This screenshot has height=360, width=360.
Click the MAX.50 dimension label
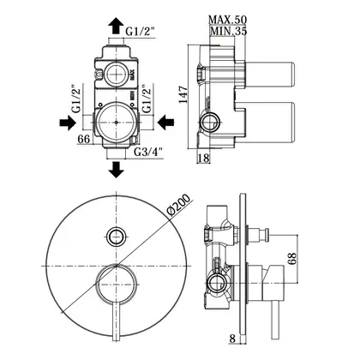pos(227,20)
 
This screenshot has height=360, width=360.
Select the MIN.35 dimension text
pos(228,31)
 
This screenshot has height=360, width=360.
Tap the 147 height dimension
pos(183,94)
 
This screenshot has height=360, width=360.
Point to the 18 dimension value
pos(203,158)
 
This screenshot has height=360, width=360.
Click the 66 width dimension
pos(84,139)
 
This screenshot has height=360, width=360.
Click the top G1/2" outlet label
pos(141,32)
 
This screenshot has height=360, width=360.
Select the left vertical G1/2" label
pos(76,99)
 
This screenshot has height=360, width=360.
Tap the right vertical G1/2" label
pos(147,99)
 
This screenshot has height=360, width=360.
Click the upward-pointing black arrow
pos(116,26)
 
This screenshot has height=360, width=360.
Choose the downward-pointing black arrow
pos(116,170)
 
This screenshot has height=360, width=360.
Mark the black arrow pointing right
pos(68,123)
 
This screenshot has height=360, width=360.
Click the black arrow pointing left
pos(166,123)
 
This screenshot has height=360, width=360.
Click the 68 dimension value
pos(292,259)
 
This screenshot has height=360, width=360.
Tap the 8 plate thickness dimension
pos(232,339)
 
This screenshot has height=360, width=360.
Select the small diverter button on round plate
pos(116,237)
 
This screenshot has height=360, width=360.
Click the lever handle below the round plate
pos(116,321)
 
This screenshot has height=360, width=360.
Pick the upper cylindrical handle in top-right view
pos(270,75)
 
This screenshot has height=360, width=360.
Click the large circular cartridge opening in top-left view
pos(116,123)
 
